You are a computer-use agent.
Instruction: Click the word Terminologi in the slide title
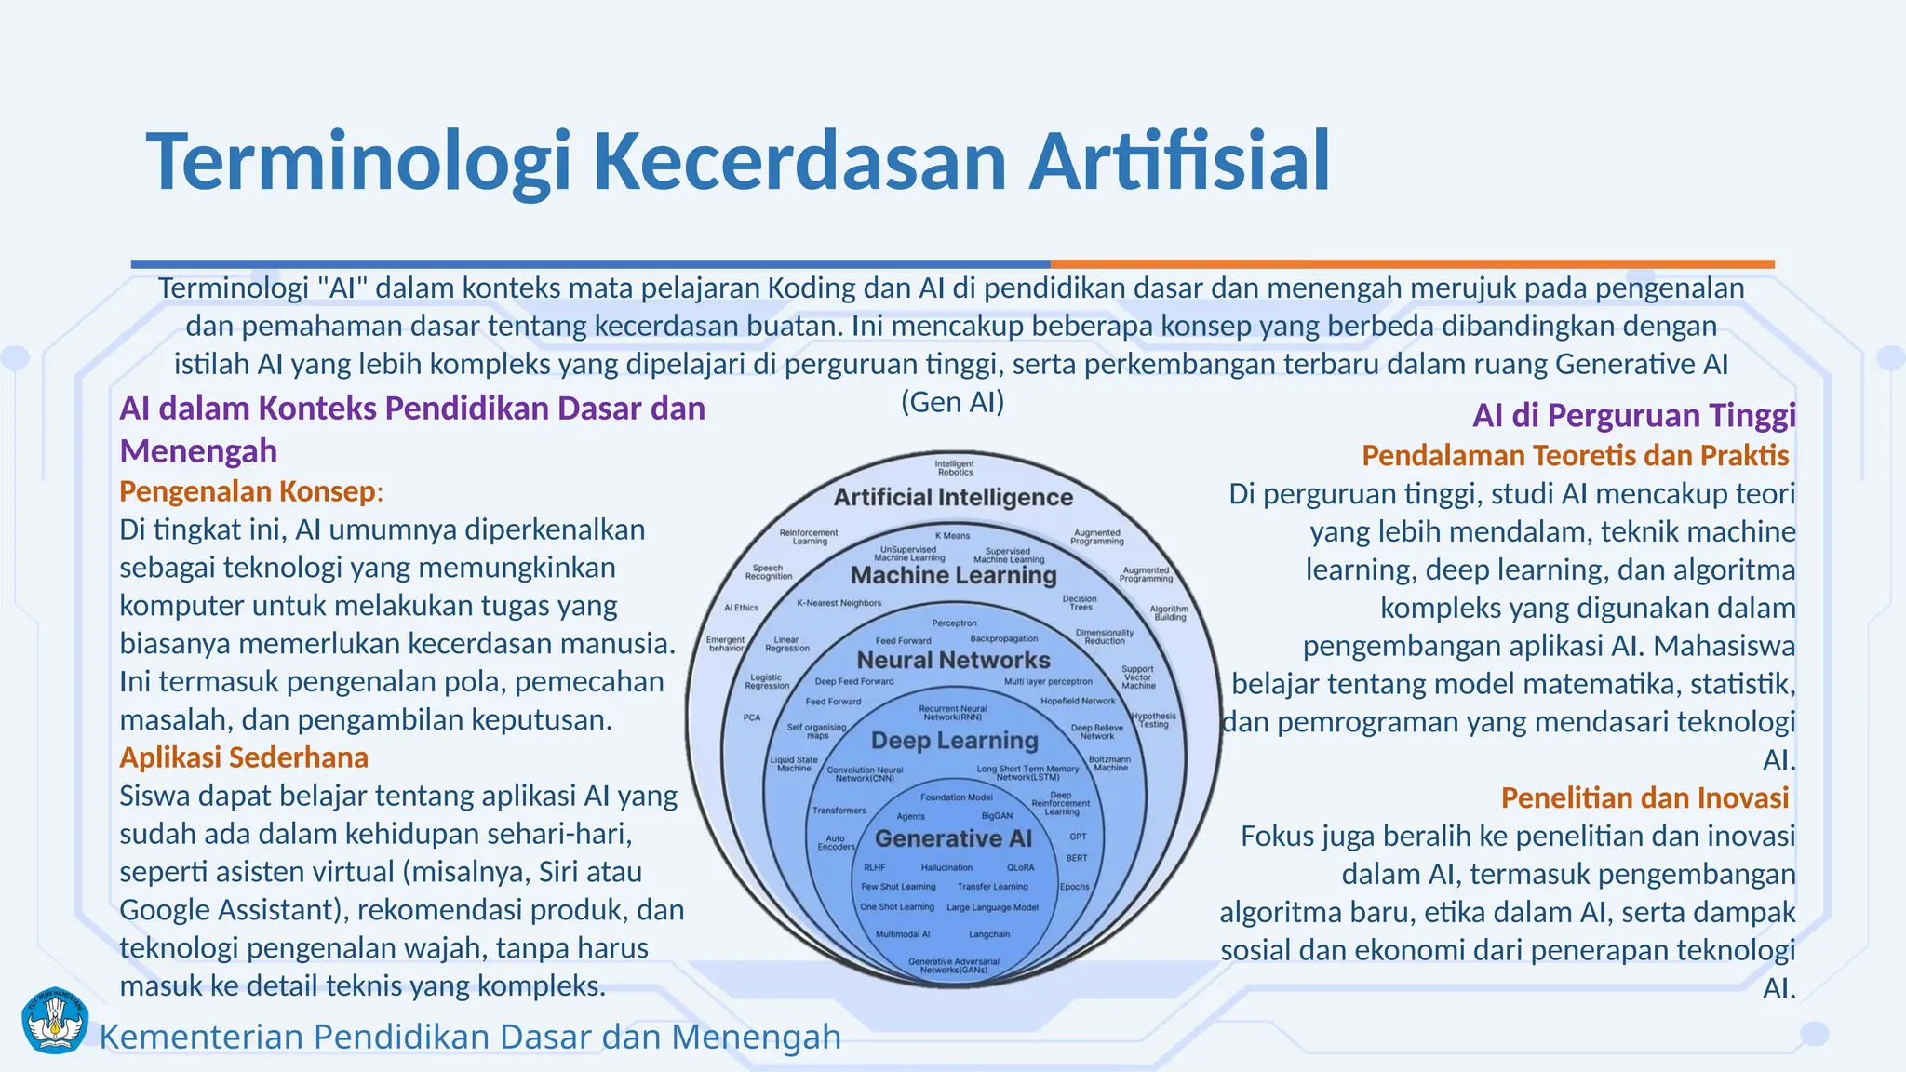click(x=358, y=163)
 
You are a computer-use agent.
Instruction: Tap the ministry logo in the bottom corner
click(x=54, y=1021)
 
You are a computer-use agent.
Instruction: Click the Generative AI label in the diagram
click(x=953, y=838)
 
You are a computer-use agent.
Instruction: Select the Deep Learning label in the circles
click(x=954, y=741)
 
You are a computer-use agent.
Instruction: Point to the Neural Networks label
click(x=953, y=661)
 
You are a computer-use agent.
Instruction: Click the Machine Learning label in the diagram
click(x=953, y=576)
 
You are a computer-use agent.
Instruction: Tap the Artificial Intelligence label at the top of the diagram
click(x=953, y=498)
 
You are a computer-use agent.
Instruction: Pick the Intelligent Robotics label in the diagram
click(x=954, y=467)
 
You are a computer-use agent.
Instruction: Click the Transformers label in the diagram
click(x=839, y=811)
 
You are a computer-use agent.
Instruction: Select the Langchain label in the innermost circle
click(x=988, y=934)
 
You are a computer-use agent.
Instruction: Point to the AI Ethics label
click(x=741, y=608)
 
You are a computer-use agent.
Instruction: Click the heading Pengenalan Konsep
click(x=248, y=491)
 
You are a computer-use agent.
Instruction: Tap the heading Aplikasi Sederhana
click(x=244, y=757)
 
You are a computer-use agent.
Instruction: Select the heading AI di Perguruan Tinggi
click(x=1633, y=415)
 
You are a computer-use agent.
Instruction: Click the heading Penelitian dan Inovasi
click(x=1644, y=797)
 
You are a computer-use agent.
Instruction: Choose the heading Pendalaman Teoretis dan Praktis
click(x=1575, y=455)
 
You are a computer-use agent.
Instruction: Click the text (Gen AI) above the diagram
click(x=952, y=402)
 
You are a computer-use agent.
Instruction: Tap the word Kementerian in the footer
click(x=201, y=1037)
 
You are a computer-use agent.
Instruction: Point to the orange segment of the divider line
click(x=1412, y=264)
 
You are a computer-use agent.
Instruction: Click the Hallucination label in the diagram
click(x=946, y=867)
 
